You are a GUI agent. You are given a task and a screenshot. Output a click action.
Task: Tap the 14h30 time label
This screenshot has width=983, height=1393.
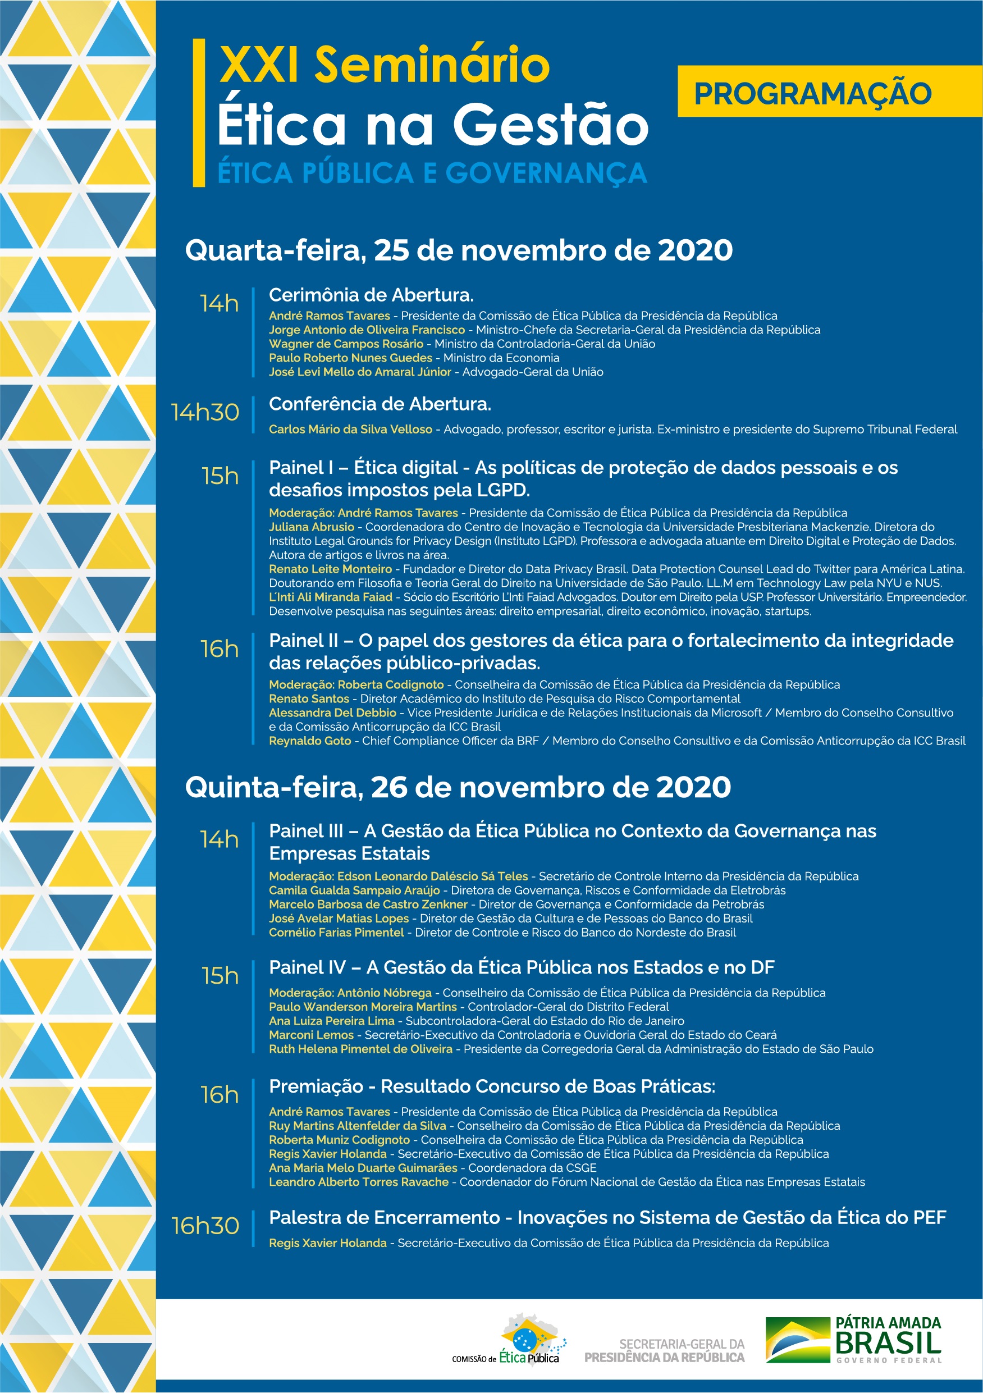[x=205, y=413]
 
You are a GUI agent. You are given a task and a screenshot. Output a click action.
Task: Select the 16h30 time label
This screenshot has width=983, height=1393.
[x=205, y=1226]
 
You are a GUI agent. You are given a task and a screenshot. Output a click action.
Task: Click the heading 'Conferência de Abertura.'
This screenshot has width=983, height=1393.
[x=380, y=404]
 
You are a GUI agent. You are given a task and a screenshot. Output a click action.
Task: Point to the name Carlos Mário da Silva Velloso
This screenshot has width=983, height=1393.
[x=351, y=430]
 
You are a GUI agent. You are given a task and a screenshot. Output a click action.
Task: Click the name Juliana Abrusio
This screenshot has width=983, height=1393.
[x=311, y=527]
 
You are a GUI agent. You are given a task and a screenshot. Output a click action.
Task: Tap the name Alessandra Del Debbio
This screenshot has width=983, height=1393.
[x=332, y=713]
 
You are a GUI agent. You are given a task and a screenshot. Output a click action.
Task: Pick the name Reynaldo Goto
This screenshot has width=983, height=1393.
[x=310, y=741]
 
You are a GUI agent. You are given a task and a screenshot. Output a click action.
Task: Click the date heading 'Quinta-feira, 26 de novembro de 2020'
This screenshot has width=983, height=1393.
[x=458, y=788]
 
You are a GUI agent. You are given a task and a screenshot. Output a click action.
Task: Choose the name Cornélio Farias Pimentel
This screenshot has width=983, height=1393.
[x=337, y=933]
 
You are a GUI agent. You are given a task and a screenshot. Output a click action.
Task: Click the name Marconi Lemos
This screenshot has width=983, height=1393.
[x=311, y=1035]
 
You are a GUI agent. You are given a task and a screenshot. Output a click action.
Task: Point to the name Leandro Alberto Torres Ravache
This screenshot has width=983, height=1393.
[x=359, y=1182]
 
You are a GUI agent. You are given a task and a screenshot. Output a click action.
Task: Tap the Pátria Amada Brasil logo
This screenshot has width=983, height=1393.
[x=853, y=1340]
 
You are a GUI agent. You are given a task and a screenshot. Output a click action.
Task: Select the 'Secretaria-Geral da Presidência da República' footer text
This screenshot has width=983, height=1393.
[x=665, y=1350]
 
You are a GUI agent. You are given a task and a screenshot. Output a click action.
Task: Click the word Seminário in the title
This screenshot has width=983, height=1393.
[x=432, y=66]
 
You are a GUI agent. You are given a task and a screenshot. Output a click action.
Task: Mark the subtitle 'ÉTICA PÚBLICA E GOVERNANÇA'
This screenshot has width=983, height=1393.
[x=432, y=173]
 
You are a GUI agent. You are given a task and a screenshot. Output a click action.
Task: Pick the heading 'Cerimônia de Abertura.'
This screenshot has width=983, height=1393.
[x=371, y=295]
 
